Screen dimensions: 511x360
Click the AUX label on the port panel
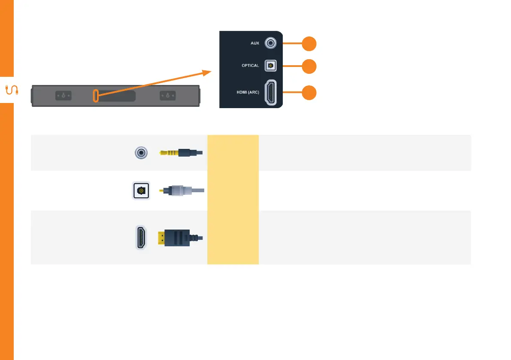point(255,43)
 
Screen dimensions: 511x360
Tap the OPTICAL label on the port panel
point(250,66)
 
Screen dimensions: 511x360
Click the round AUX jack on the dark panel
point(271,43)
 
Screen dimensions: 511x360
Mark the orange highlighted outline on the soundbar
point(96,96)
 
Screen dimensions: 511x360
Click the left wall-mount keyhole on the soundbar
point(63,96)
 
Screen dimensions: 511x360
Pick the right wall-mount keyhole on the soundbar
point(168,96)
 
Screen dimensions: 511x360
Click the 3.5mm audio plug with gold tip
point(181,152)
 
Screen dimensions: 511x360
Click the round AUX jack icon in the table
point(141,152)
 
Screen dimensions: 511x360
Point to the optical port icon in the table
point(141,190)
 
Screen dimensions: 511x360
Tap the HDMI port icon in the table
point(141,237)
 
